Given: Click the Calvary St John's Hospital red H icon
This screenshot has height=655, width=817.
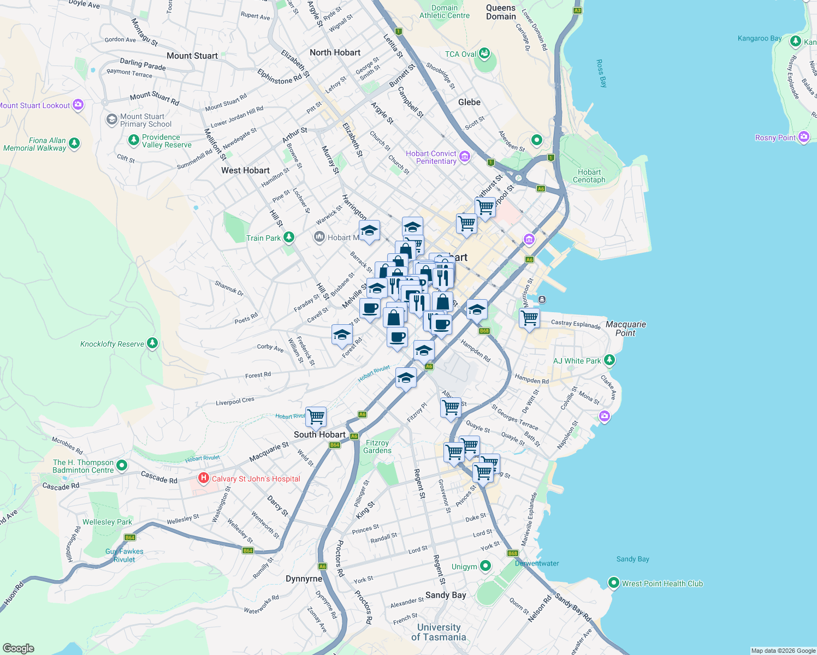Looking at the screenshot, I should coord(204,479).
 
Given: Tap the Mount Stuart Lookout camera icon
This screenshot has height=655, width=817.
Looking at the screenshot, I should coord(78,105).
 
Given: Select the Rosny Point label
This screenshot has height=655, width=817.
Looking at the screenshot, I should coord(775,138).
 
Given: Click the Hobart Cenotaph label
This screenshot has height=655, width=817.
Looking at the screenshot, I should coord(589,176).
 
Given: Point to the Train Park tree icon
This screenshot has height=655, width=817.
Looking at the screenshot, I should coord(289,237).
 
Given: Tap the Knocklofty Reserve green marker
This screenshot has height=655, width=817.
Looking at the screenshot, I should coord(153,343).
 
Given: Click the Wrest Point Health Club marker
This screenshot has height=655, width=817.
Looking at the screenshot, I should coord(614,583).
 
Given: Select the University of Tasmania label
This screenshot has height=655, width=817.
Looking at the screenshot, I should coord(439,632).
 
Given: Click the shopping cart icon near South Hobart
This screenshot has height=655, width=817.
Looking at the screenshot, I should coord(316,417).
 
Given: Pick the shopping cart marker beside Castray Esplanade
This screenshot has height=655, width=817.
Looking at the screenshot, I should coord(529,318).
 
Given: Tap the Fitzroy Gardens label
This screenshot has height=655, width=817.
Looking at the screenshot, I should coord(377,446).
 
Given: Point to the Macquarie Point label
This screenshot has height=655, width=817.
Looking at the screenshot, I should coord(625,329).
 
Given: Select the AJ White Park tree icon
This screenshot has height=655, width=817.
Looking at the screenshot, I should coord(609,360).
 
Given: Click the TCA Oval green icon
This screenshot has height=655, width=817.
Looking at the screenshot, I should coord(484,53).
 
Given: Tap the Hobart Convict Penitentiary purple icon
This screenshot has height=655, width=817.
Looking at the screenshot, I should coord(465,157).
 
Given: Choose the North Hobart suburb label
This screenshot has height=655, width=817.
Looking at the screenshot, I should coord(335,52).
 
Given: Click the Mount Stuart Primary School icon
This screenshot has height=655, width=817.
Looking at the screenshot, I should coord(112,120).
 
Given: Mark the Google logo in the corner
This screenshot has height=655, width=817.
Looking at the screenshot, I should coord(18,648).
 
